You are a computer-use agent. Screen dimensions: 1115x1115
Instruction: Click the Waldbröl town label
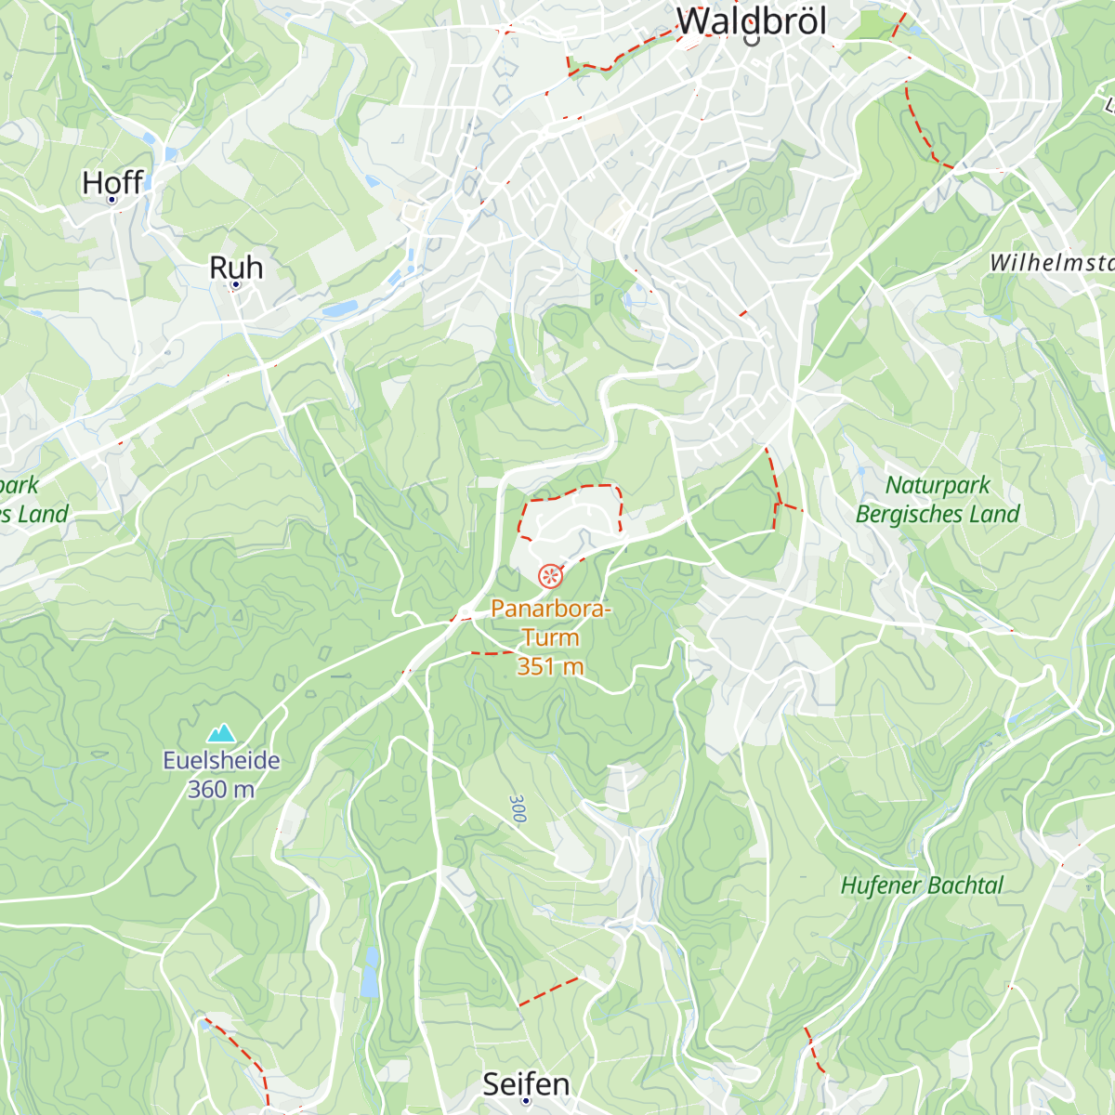[751, 21]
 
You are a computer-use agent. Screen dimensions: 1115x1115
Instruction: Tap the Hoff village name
[112, 182]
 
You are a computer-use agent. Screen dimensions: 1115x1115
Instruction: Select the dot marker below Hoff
[112, 200]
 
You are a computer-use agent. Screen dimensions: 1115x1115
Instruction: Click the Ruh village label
[236, 268]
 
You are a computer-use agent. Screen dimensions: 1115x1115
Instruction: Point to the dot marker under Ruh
[236, 284]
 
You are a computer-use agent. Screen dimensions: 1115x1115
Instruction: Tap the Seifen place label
[526, 1083]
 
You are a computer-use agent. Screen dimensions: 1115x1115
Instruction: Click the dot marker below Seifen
[526, 1101]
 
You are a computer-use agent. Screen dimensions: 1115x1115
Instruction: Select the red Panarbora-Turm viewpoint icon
[550, 576]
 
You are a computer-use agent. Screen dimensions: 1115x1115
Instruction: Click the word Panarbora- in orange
[551, 609]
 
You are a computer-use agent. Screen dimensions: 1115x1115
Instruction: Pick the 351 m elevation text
[550, 666]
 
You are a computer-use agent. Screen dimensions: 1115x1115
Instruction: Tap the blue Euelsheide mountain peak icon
[221, 734]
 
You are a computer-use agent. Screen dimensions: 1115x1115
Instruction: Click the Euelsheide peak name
[221, 760]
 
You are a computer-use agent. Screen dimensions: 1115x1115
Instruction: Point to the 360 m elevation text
[221, 789]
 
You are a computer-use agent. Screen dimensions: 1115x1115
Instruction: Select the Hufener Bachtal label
[922, 885]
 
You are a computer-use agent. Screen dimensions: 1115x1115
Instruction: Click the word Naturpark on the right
[938, 485]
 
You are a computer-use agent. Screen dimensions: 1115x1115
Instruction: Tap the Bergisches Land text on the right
[938, 514]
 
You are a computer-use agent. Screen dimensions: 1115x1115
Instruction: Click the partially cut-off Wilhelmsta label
[1051, 263]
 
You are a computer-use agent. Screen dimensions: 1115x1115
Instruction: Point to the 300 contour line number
[518, 808]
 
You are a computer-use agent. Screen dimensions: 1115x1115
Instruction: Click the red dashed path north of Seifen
[549, 991]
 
